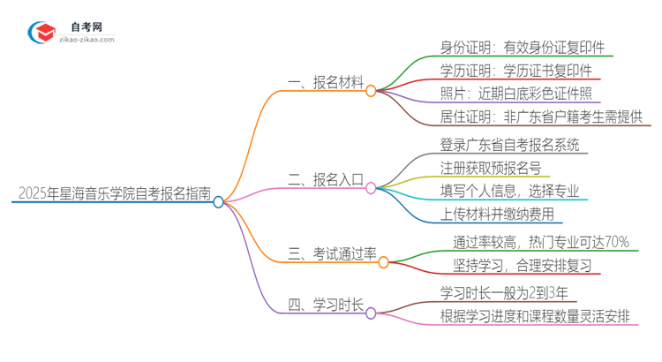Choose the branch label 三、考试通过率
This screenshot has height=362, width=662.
point(332,254)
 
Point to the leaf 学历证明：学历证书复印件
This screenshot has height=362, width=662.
point(515,71)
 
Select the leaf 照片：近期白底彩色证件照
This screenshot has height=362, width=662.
point(515,94)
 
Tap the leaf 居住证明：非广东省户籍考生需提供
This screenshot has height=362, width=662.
point(541,117)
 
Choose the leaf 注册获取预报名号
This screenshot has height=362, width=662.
point(490,167)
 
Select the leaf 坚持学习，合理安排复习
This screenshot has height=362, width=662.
point(521,265)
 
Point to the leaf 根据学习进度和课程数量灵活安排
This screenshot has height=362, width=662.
point(540,315)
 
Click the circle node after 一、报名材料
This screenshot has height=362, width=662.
point(371,90)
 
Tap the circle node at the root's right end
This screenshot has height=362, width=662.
point(219,201)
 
